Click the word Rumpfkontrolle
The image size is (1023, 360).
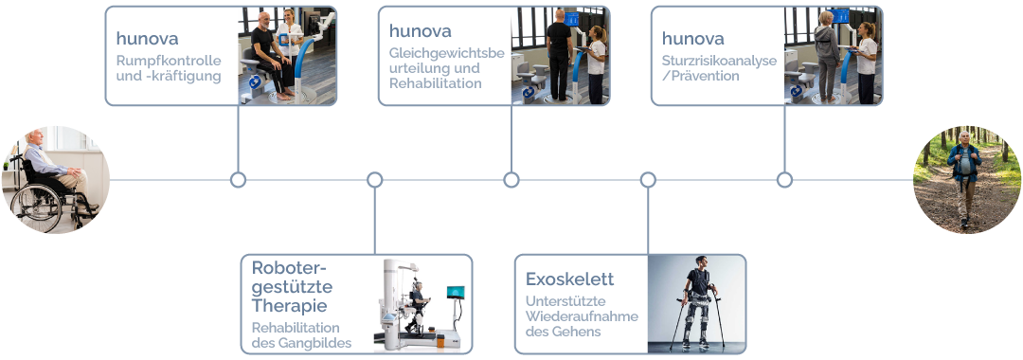click(169, 61)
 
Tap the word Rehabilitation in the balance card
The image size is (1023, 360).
click(435, 83)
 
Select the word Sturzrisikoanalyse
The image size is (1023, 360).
click(720, 61)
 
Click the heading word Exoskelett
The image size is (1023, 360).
click(569, 279)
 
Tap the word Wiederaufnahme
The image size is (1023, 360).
click(582, 316)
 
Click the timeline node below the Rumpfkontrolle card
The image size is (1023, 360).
click(238, 180)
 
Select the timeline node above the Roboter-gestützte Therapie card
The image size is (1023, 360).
click(374, 180)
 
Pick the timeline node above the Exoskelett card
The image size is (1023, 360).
click(648, 180)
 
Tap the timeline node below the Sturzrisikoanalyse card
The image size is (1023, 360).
click(785, 180)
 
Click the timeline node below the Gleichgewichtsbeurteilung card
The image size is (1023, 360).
click(511, 180)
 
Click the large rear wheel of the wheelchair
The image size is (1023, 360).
click(37, 207)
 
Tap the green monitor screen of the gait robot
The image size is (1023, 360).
click(456, 292)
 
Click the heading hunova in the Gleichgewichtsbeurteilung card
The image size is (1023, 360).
click(421, 30)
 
